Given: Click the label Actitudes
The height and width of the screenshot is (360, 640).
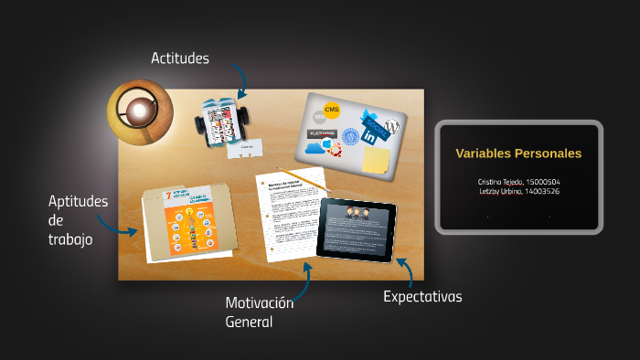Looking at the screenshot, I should click(x=180, y=58).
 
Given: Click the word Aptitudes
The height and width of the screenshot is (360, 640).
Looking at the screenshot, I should click(x=78, y=201).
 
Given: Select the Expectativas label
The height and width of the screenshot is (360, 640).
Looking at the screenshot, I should click(x=422, y=296).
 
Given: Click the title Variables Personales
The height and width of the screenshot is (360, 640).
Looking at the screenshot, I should click(x=518, y=154).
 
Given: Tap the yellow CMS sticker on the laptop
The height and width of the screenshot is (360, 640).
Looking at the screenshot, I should click(x=332, y=111).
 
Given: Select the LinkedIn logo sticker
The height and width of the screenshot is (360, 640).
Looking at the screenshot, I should click(x=370, y=136).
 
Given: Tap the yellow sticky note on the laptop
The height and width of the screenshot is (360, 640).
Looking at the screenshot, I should click(x=376, y=160).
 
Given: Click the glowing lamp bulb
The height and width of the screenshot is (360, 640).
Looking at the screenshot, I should click(x=139, y=111).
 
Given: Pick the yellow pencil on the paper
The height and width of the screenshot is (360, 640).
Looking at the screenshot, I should click(x=303, y=178).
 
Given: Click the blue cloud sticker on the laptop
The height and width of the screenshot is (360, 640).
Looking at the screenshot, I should click(x=315, y=147).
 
